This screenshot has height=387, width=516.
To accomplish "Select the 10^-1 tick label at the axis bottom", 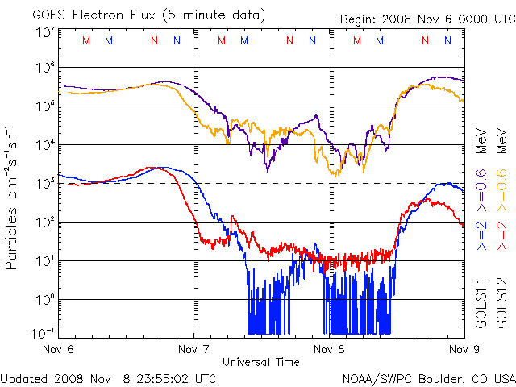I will [x=43, y=333].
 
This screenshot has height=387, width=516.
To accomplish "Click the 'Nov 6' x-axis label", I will [x=58, y=349].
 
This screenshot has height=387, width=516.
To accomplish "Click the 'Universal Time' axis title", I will [x=261, y=362].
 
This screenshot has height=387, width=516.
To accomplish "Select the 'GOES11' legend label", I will [x=481, y=303].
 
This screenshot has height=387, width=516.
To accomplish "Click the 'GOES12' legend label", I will [x=501, y=303].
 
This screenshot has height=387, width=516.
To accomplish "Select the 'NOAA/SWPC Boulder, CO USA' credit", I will [x=428, y=377].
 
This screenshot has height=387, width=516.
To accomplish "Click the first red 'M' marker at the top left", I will [x=86, y=40].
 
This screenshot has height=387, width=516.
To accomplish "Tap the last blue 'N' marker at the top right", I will [x=447, y=40].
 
